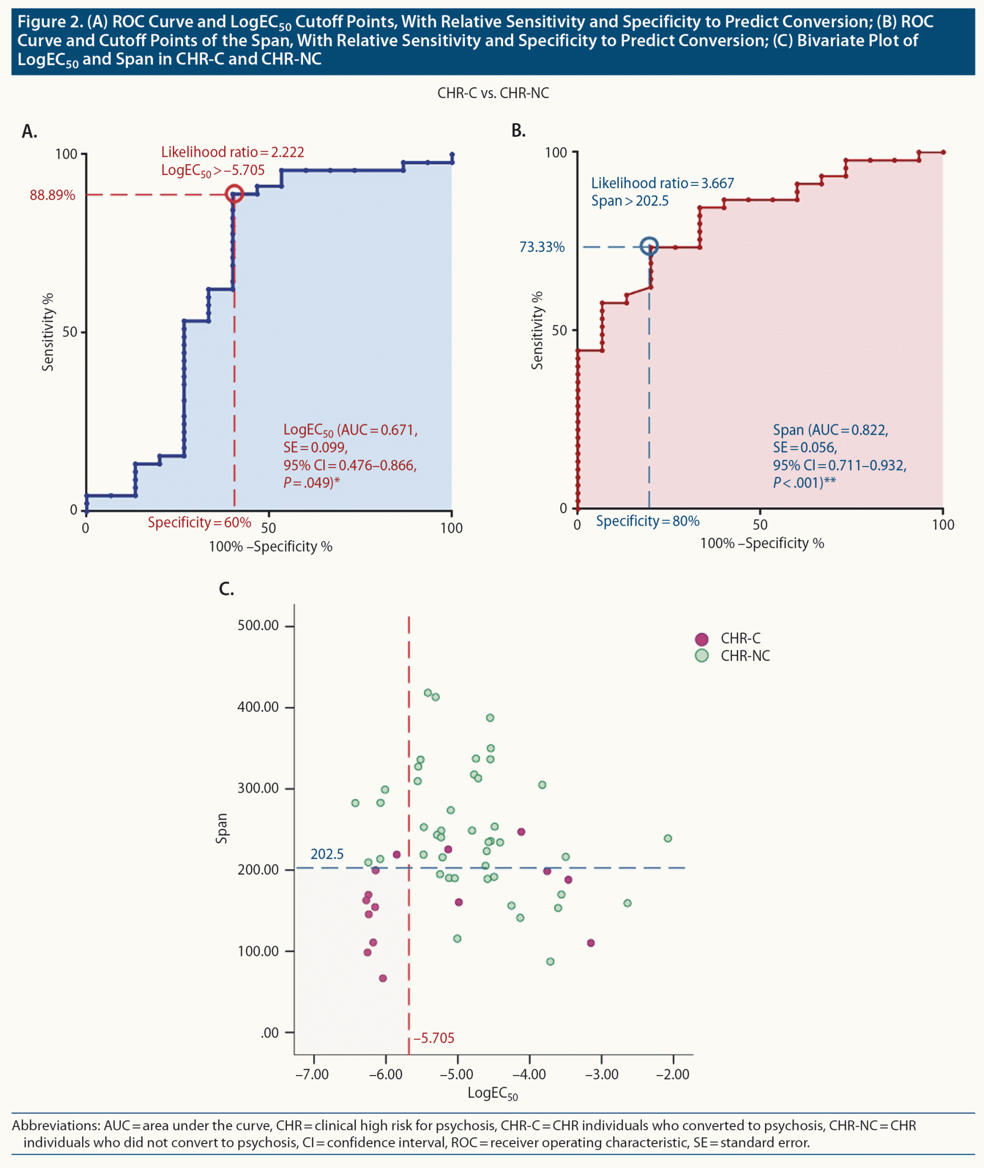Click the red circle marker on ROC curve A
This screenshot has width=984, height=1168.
click(x=234, y=194)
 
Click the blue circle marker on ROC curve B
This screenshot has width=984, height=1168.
click(x=649, y=246)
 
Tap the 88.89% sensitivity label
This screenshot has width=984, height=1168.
click(x=52, y=196)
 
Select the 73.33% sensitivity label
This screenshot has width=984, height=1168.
click(x=542, y=248)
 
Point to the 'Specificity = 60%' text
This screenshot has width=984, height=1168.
click(x=199, y=522)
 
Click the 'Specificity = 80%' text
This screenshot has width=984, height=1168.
click(x=647, y=521)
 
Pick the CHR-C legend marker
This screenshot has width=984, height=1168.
click(x=702, y=639)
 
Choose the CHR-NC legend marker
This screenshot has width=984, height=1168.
click(x=702, y=656)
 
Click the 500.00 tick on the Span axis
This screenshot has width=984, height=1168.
click(x=258, y=626)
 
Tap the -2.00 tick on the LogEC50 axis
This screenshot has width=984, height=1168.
click(x=673, y=1075)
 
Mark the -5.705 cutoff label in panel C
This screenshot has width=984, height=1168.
click(x=434, y=1038)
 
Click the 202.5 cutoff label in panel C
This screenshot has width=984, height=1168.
click(x=327, y=854)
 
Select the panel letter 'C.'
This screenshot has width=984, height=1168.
click(x=226, y=589)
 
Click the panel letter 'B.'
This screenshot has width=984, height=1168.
click(x=518, y=131)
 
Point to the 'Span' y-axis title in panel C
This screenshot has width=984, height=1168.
click(x=222, y=828)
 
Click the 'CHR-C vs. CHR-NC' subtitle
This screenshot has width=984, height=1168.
click(x=493, y=94)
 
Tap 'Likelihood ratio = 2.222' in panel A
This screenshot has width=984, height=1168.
click(x=232, y=152)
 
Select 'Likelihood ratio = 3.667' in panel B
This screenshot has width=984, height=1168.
click(x=662, y=183)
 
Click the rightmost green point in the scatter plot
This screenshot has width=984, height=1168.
click(x=668, y=838)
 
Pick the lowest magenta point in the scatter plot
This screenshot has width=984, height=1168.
click(x=383, y=978)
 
